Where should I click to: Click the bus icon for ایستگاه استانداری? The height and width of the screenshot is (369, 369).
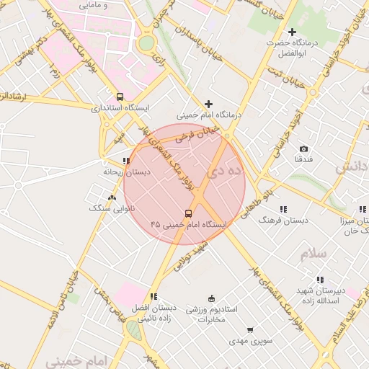120,97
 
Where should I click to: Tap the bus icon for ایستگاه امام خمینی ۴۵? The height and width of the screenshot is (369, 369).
189,213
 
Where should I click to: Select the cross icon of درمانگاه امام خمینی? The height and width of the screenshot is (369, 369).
209,104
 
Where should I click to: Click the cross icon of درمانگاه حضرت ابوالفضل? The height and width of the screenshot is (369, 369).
292,32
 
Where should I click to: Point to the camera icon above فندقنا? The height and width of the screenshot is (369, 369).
303,148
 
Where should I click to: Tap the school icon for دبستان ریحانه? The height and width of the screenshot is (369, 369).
126,161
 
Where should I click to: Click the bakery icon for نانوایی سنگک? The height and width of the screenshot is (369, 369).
111,197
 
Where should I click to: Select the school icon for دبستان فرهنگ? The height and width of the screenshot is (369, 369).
282,208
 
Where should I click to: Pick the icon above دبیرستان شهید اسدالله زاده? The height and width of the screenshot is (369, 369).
319,280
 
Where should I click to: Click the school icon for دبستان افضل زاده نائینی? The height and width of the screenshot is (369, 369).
153,296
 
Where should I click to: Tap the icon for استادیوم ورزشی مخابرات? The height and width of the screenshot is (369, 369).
211,298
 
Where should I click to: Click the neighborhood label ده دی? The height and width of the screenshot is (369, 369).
226,172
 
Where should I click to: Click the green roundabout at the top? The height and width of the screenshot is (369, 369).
146,43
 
